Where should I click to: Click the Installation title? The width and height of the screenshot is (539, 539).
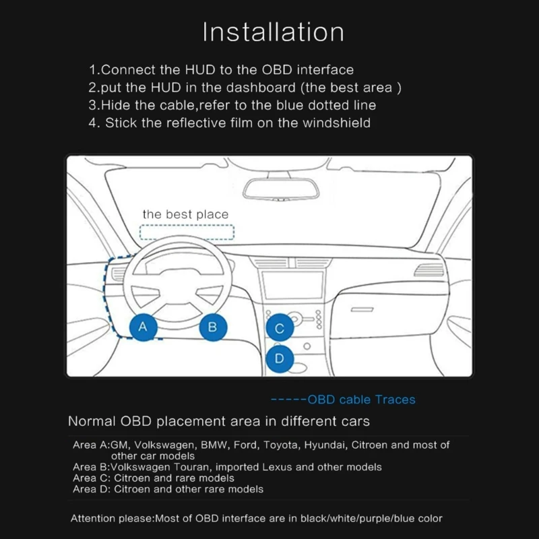coord(273,32)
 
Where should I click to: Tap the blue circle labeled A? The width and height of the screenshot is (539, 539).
coord(142,327)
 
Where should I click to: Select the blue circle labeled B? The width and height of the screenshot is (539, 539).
coord(212,327)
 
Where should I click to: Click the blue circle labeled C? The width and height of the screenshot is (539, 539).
coord(280,329)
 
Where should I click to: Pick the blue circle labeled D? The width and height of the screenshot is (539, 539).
coord(280,358)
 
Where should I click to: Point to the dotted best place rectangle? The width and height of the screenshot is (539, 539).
coord(186,232)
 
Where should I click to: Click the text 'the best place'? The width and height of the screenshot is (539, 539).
coord(185,214)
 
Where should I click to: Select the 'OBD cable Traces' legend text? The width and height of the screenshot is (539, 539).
coord(361,400)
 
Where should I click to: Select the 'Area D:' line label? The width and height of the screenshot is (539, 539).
coord(91,488)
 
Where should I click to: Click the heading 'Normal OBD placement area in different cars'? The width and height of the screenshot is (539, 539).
coord(219,422)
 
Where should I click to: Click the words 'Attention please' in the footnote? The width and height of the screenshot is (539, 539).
coord(112,518)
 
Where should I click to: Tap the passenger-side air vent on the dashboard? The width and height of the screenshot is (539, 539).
coord(429,270)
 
